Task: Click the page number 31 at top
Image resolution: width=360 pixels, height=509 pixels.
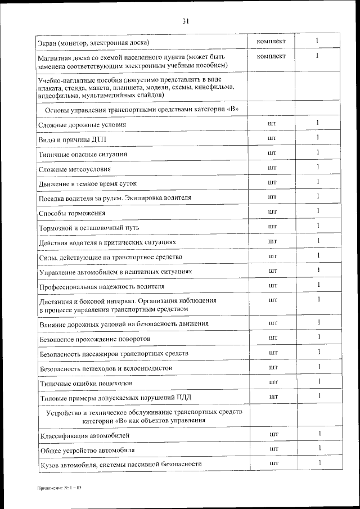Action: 185,22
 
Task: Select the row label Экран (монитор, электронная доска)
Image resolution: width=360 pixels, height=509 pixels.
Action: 93,43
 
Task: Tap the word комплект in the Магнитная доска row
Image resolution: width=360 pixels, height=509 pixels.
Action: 271,56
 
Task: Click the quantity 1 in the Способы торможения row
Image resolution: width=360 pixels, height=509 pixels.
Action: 318,211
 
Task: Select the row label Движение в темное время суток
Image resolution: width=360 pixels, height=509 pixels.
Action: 88,184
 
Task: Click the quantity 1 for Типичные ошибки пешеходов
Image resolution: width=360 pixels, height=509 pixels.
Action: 318,382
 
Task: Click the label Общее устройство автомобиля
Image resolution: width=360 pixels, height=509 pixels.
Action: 87,451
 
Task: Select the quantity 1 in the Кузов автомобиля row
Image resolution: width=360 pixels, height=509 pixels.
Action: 319,462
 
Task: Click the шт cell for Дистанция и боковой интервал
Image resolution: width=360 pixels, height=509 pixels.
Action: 273,300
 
